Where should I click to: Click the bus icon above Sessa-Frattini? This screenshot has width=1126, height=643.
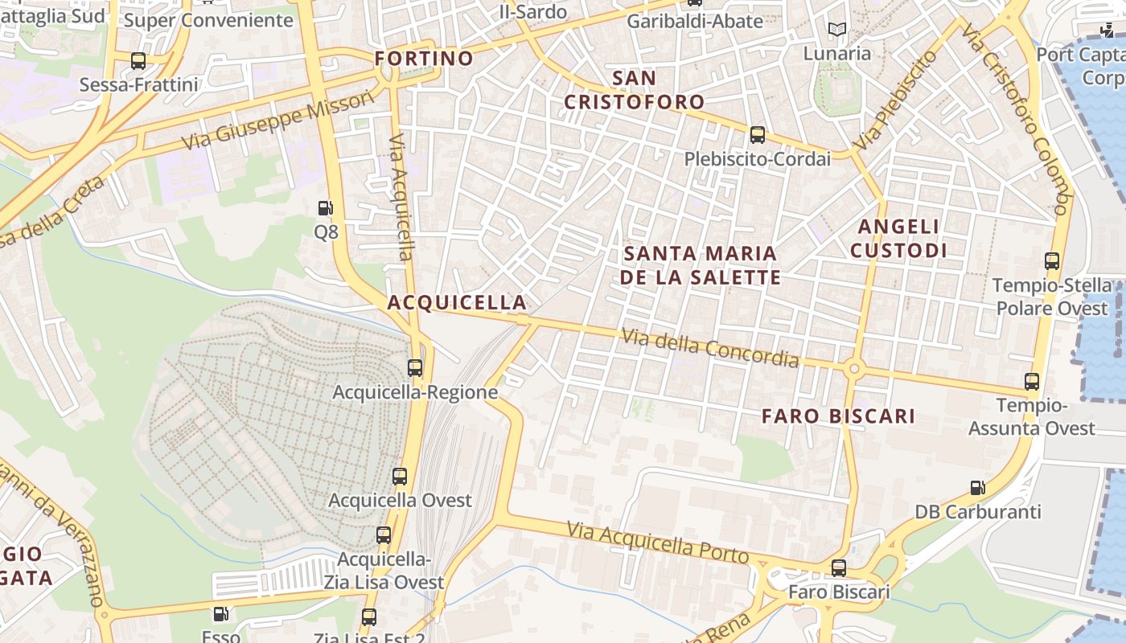pyautogui.click(x=138, y=61)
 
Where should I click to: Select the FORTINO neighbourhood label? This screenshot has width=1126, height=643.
pyautogui.click(x=424, y=59)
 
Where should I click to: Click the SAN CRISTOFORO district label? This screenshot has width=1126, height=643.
pyautogui.click(x=634, y=90)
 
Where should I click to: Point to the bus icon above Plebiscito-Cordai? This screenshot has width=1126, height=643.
pyautogui.click(x=757, y=135)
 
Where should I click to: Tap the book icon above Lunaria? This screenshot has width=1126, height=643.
pyautogui.click(x=837, y=30)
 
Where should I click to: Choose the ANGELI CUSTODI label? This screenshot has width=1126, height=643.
pyautogui.click(x=898, y=239)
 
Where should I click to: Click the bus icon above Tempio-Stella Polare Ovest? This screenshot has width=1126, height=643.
pyautogui.click(x=1052, y=261)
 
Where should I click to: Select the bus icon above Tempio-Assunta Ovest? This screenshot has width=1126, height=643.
pyautogui.click(x=1032, y=382)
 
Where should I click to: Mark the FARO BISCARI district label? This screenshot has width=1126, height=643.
pyautogui.click(x=838, y=416)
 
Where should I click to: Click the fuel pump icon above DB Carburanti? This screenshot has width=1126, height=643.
pyautogui.click(x=978, y=487)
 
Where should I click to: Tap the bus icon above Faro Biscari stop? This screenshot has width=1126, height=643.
pyautogui.click(x=839, y=568)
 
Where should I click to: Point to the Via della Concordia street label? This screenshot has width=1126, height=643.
pyautogui.click(x=710, y=347)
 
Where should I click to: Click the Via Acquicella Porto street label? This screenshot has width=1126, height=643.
pyautogui.click(x=658, y=543)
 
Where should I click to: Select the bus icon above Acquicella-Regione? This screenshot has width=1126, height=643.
pyautogui.click(x=415, y=368)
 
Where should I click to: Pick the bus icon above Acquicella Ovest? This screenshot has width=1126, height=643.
pyautogui.click(x=400, y=476)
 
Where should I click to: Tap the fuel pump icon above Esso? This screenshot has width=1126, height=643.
pyautogui.click(x=220, y=615)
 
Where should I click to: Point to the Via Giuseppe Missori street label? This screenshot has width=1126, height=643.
pyautogui.click(x=278, y=121)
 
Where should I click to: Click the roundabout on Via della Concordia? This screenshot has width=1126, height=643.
pyautogui.click(x=854, y=370)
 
